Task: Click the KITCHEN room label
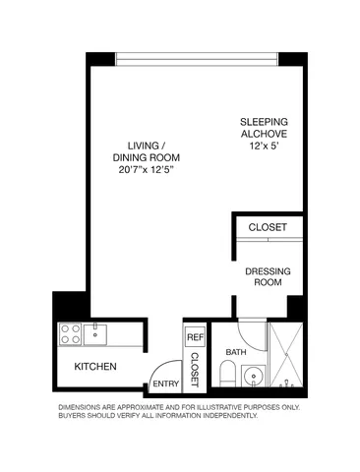(96, 367)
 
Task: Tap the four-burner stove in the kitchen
(71, 334)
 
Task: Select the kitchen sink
(97, 333)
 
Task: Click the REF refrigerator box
(194, 336)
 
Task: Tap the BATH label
(236, 351)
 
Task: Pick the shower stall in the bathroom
(289, 356)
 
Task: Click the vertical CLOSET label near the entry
(195, 369)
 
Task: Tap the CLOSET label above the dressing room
(268, 227)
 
